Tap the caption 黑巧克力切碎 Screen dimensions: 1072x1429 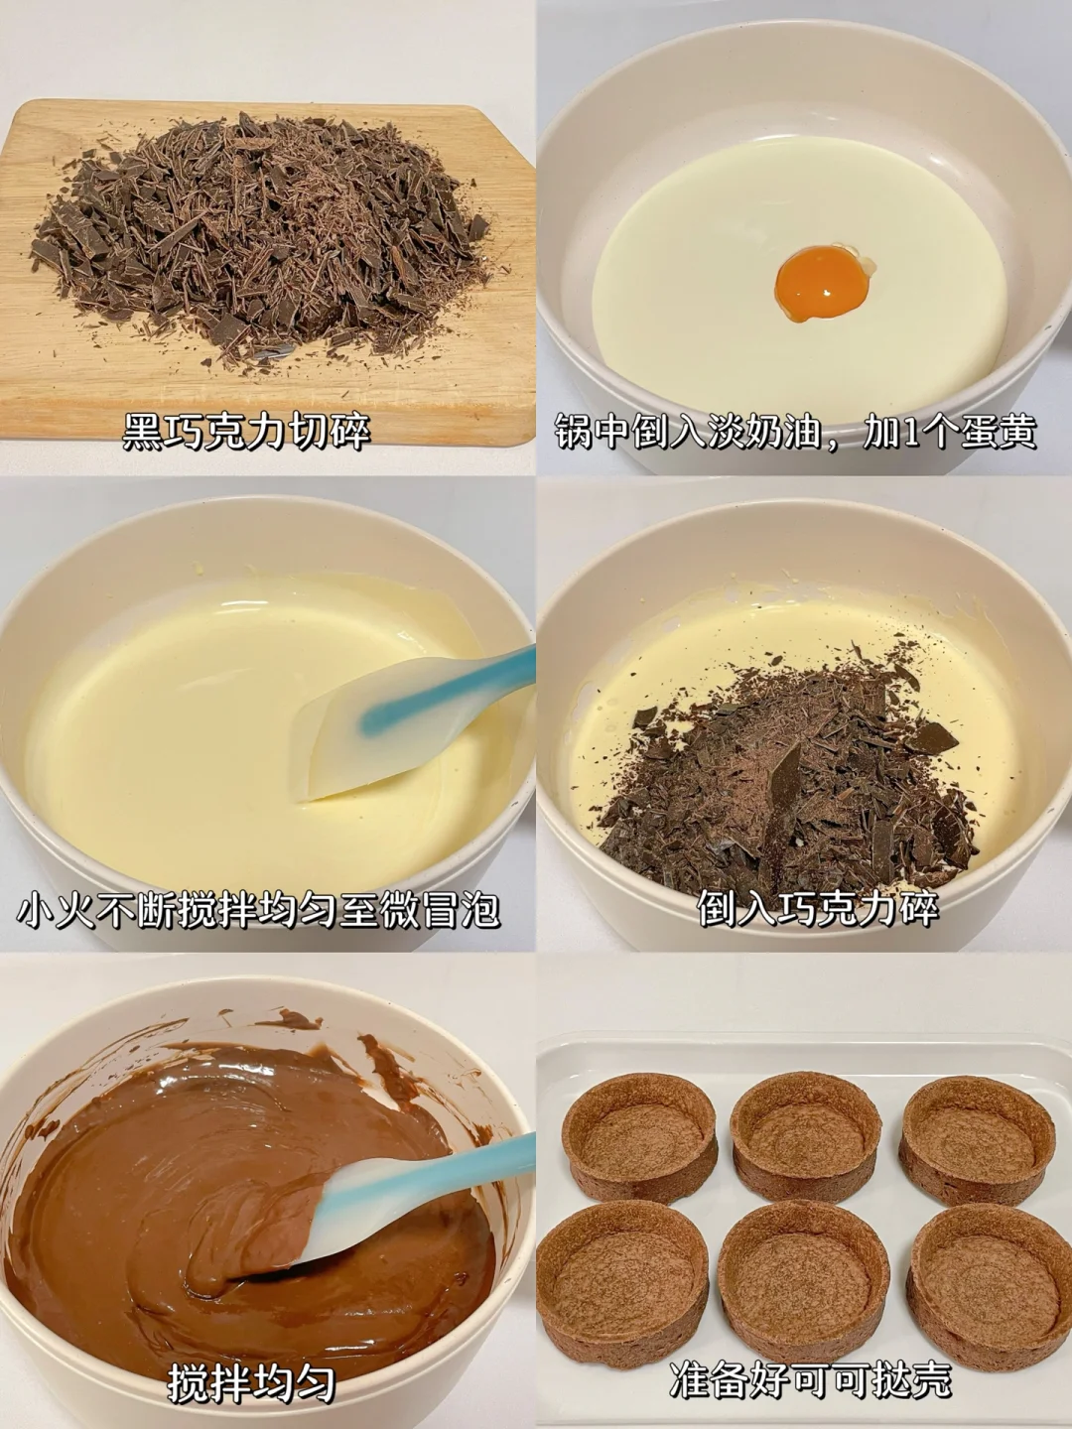(x=247, y=431)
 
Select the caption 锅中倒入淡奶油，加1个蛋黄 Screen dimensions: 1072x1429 (x=796, y=431)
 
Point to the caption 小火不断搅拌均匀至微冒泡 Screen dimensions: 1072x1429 (x=258, y=909)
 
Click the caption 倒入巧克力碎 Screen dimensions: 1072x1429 (x=818, y=908)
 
